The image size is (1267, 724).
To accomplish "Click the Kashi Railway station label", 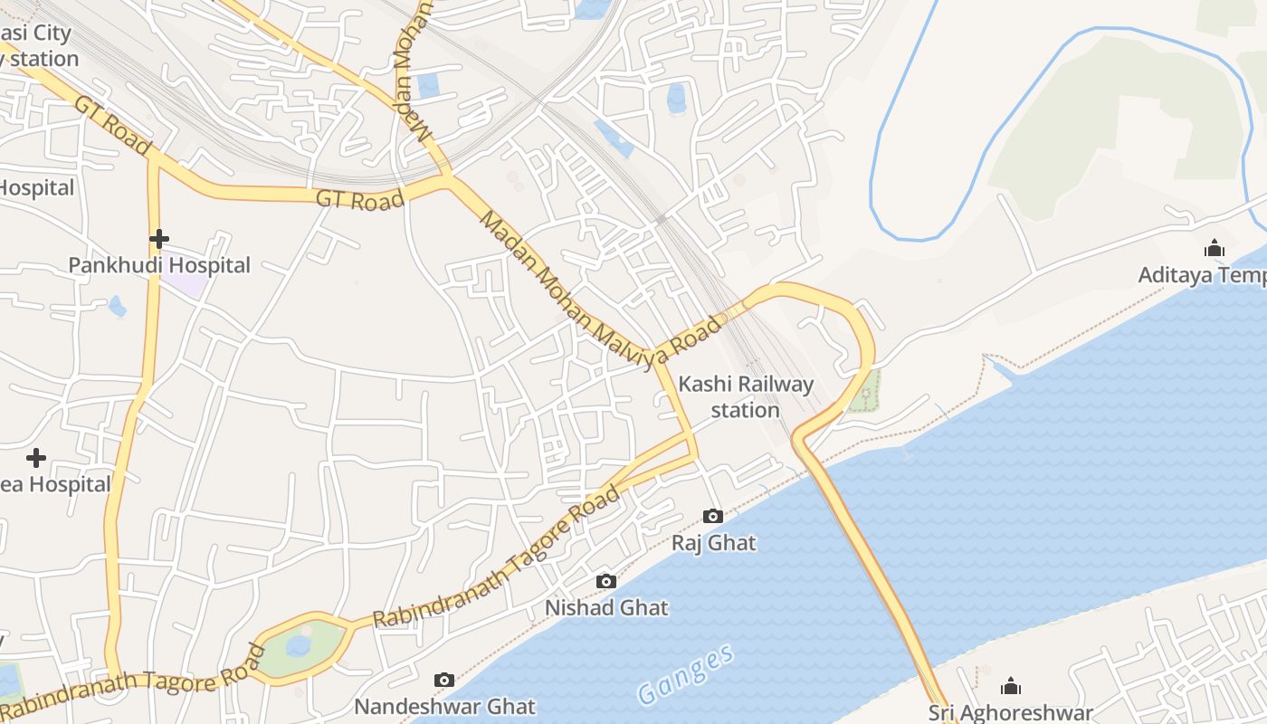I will (x=746, y=396).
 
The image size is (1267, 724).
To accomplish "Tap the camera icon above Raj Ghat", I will (x=713, y=516).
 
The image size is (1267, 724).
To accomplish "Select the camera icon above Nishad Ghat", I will (x=606, y=581).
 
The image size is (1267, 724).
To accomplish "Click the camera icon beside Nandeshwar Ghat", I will (x=444, y=680).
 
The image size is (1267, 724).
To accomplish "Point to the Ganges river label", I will (x=685, y=675).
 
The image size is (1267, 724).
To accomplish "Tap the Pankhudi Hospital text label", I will (x=159, y=265).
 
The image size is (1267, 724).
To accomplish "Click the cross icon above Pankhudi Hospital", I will (x=159, y=239).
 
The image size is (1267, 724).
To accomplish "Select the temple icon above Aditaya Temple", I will (x=1214, y=248).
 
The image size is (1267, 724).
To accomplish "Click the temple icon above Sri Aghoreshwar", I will (x=1011, y=686).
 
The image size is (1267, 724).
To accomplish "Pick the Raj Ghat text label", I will (x=713, y=543).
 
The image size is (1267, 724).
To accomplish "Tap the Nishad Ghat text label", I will (x=606, y=607).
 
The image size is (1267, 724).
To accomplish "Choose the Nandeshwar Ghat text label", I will (x=444, y=706).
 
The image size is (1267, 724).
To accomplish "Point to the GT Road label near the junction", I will (x=359, y=199).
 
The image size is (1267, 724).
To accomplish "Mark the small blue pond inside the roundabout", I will (x=298, y=645).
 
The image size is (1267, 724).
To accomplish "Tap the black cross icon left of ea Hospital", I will (x=36, y=457).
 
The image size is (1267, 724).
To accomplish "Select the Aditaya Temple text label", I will (x=1202, y=274).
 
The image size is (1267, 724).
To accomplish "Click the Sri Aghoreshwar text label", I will (x=1011, y=712).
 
